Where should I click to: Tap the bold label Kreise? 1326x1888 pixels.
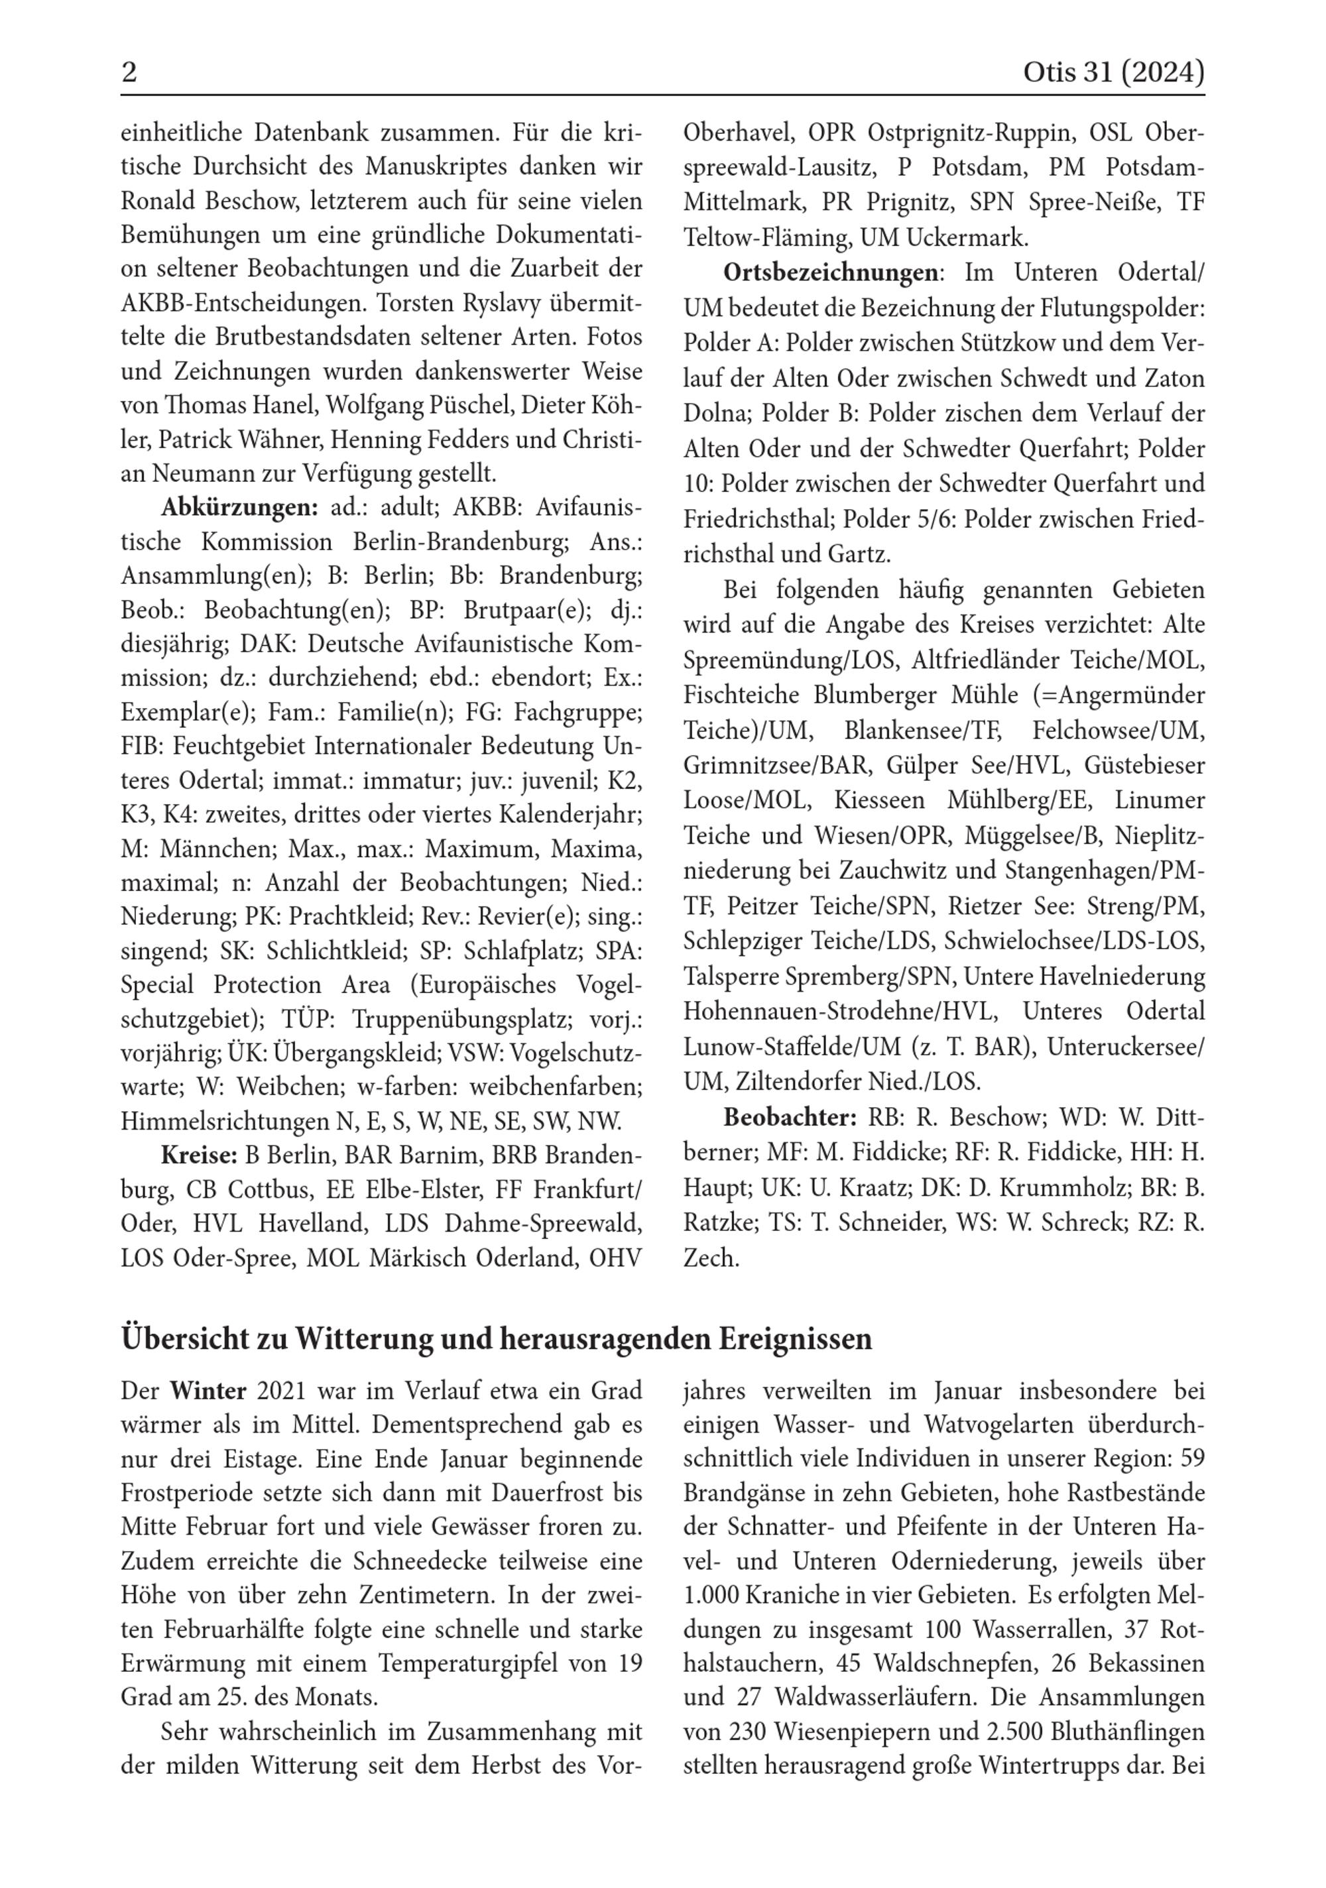click(199, 1155)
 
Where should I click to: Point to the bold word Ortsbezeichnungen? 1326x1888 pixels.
click(830, 273)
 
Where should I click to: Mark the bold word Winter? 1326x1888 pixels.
click(208, 1391)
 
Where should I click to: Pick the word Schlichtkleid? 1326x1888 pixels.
click(338, 951)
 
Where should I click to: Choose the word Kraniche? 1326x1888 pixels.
click(783, 1595)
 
